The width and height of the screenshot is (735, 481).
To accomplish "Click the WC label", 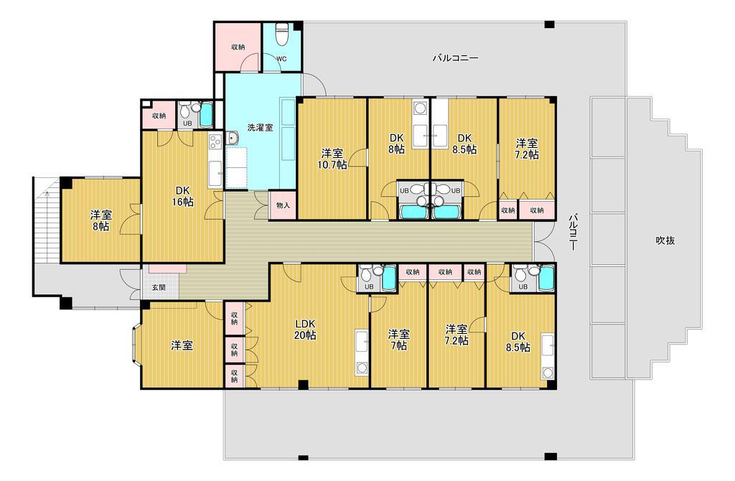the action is pos(281,59).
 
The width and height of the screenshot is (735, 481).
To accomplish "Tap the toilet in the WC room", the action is pos(281,34).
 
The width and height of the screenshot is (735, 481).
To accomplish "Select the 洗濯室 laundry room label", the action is pos(260,127).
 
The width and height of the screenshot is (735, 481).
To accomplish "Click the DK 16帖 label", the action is pos(182,197).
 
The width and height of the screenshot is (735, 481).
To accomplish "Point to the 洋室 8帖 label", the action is pos(100,221).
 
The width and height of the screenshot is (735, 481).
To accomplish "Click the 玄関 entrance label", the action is pos(159,287).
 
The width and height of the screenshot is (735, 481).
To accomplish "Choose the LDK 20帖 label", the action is pos(304,330).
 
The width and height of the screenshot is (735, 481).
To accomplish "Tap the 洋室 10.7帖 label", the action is pos(332,159).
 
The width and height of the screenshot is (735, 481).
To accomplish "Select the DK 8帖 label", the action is pos(396,144).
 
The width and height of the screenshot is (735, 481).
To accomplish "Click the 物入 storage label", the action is pos(283,205).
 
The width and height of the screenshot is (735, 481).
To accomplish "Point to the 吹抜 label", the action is pos(665,240).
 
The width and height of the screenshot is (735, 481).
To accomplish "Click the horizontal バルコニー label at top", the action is pos(454,58).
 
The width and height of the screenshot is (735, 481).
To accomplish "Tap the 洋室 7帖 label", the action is pos(398,340).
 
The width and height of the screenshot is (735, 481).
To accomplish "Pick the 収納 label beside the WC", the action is pos(238,47).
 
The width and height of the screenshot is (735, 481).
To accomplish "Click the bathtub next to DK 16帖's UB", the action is pos(206,115).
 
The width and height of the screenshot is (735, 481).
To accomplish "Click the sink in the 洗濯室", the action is pos(233,139).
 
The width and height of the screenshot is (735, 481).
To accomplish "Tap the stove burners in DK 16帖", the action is pos(215,141).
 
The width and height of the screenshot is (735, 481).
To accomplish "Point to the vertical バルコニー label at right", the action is pos(573,232).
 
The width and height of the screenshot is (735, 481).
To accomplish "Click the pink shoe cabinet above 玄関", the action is pos(167,268).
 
